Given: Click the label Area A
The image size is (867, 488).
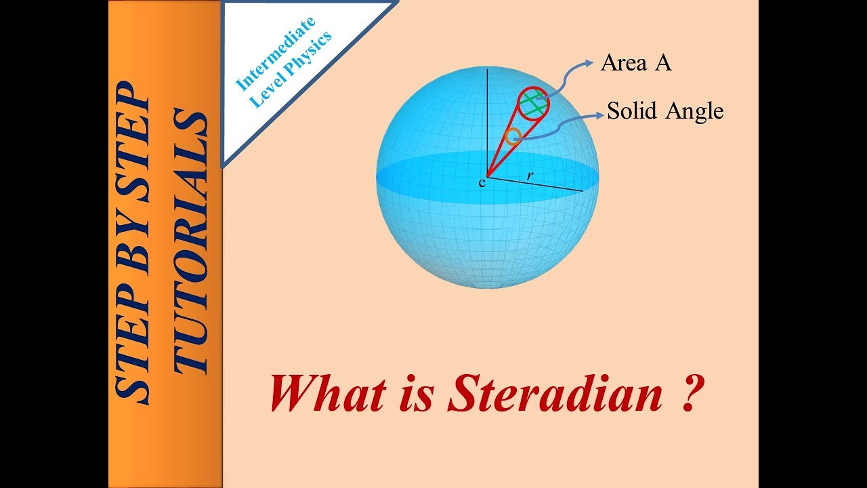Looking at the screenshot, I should click(635, 64).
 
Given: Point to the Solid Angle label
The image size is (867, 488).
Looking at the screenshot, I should click(665, 110).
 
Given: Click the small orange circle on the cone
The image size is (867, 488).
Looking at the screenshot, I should click(513, 136).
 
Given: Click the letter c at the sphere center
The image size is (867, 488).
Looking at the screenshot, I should click(482, 182).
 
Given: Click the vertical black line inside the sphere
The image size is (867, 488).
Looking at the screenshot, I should click(486, 122).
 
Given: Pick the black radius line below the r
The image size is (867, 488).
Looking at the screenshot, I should click(535, 184).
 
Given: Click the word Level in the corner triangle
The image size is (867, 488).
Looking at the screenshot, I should click(266, 92).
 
